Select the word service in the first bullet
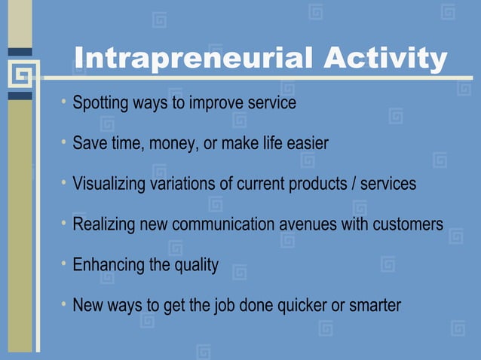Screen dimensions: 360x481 (271, 102)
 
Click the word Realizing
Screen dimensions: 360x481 (102, 224)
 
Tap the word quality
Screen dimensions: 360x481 (196, 265)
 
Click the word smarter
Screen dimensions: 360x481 (374, 306)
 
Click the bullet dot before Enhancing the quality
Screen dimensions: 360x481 (65, 264)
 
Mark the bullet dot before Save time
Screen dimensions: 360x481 (65, 142)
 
